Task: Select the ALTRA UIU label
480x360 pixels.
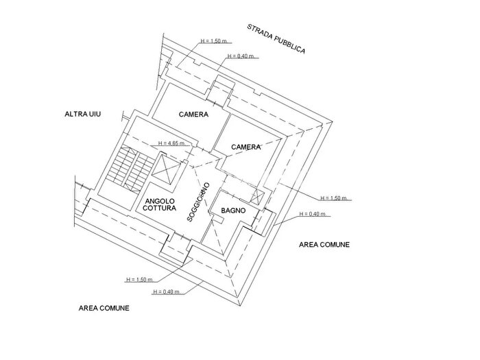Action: pyautogui.click(x=83, y=115)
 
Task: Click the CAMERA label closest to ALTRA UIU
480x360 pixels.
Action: pyautogui.click(x=193, y=115)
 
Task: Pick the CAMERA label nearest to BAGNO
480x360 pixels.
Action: pyautogui.click(x=245, y=147)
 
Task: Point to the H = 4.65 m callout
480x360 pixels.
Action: pyautogui.click(x=171, y=143)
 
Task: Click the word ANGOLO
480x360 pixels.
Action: pyautogui.click(x=160, y=201)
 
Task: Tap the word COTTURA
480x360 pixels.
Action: pyautogui.click(x=160, y=208)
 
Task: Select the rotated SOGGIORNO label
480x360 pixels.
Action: pyautogui.click(x=198, y=202)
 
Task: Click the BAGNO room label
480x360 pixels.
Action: pyautogui.click(x=233, y=211)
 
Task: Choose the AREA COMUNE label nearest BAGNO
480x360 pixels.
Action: pyautogui.click(x=324, y=245)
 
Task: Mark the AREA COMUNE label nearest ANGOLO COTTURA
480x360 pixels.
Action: pyautogui.click(x=104, y=308)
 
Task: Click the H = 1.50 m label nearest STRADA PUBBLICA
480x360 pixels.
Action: pyautogui.click(x=214, y=41)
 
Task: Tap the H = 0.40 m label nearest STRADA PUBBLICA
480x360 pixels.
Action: pyautogui.click(x=241, y=56)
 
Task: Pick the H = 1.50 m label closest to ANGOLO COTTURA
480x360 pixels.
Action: pyautogui.click(x=140, y=280)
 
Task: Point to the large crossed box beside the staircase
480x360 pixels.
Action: pyautogui.click(x=167, y=169)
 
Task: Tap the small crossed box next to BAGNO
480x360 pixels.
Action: pyautogui.click(x=256, y=196)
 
